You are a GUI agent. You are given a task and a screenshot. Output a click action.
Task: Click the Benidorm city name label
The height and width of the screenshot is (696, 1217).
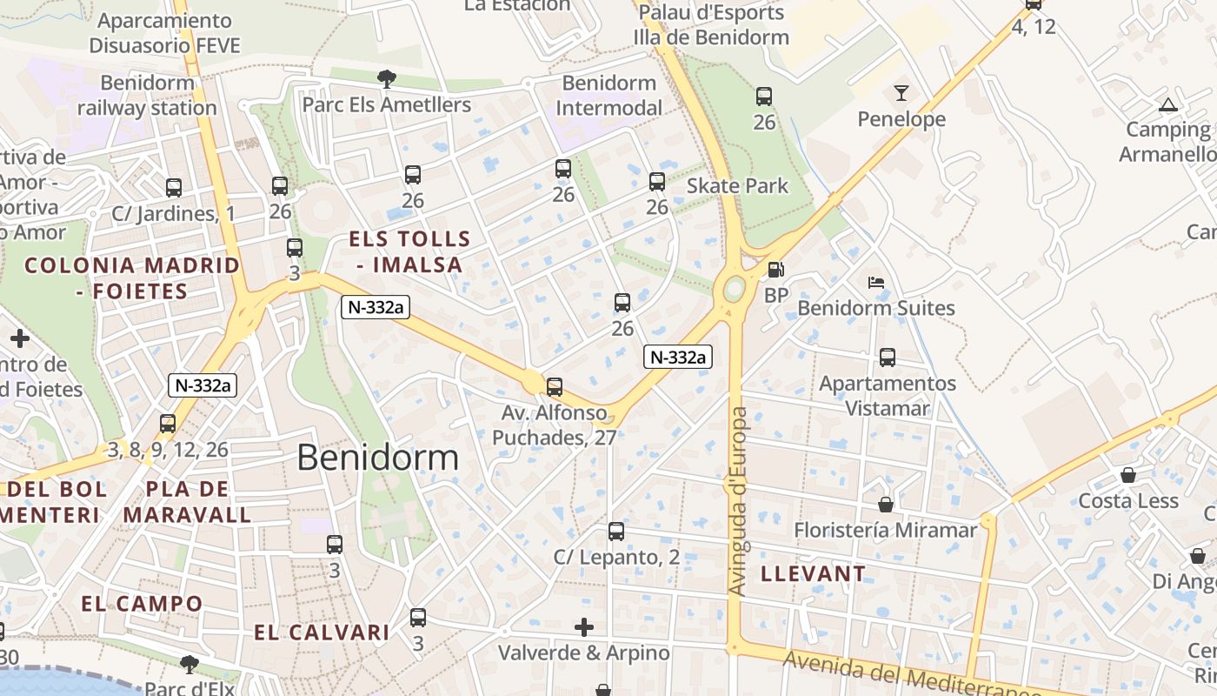point(378,457)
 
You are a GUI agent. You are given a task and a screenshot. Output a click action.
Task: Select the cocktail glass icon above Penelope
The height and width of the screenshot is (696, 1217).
point(901,92)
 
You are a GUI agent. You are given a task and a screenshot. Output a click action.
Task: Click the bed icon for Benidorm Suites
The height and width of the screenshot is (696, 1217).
point(876,283)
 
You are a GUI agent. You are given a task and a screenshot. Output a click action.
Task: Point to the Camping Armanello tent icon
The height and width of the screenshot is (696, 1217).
point(1167,105)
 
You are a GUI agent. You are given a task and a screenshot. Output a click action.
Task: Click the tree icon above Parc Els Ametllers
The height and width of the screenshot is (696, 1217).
point(387,79)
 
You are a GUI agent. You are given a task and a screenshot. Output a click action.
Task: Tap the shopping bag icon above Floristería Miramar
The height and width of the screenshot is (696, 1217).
point(886,505)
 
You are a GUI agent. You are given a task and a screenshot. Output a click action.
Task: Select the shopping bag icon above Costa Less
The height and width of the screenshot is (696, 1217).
point(1128,475)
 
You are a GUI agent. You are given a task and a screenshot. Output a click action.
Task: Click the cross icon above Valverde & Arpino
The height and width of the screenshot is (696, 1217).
point(584,626)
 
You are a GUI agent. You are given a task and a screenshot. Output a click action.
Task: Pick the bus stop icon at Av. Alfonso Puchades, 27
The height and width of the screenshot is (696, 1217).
point(555,386)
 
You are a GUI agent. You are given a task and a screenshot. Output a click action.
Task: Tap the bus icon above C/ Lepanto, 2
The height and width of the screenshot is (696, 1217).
point(616,531)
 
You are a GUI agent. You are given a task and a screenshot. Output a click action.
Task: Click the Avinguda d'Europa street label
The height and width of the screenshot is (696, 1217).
point(737,501)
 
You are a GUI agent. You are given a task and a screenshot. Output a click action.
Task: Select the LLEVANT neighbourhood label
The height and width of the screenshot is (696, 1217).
point(814,573)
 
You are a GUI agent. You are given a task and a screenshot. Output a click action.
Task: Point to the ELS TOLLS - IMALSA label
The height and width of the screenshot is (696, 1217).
point(409,251)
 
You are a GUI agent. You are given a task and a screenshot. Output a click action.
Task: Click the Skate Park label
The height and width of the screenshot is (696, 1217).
point(738,185)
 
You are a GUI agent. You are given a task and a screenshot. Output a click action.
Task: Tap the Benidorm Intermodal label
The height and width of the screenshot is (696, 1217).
point(608,96)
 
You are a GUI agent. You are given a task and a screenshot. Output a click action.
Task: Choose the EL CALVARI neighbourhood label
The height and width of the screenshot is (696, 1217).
point(322,632)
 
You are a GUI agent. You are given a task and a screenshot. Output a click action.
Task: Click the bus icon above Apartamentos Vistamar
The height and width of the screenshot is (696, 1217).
point(888,358)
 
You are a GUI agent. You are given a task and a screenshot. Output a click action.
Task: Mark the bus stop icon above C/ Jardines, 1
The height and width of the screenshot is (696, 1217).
point(174,187)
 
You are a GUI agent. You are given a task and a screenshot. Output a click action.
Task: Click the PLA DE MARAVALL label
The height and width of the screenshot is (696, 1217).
point(187,502)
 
